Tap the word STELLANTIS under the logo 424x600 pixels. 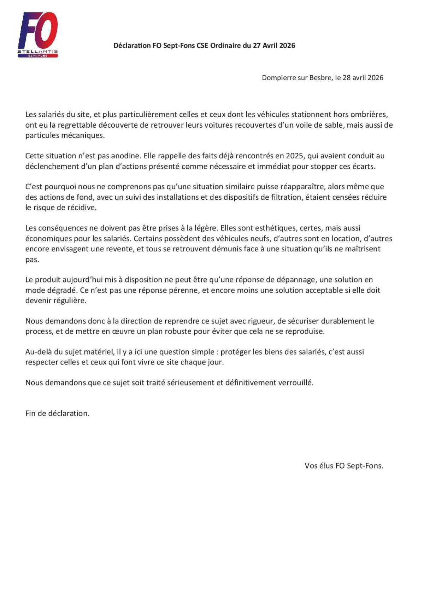[38, 52]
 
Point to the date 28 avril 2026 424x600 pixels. [363, 78]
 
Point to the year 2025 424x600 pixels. [294, 156]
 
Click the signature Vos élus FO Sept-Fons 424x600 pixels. [344, 466]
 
